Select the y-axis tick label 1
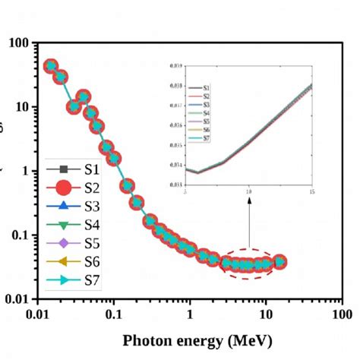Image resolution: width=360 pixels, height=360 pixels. [26, 171]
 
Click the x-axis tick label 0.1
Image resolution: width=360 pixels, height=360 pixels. [113, 314]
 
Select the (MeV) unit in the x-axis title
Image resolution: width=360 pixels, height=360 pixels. [246, 339]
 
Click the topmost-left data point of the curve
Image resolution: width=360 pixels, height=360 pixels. [51, 66]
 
